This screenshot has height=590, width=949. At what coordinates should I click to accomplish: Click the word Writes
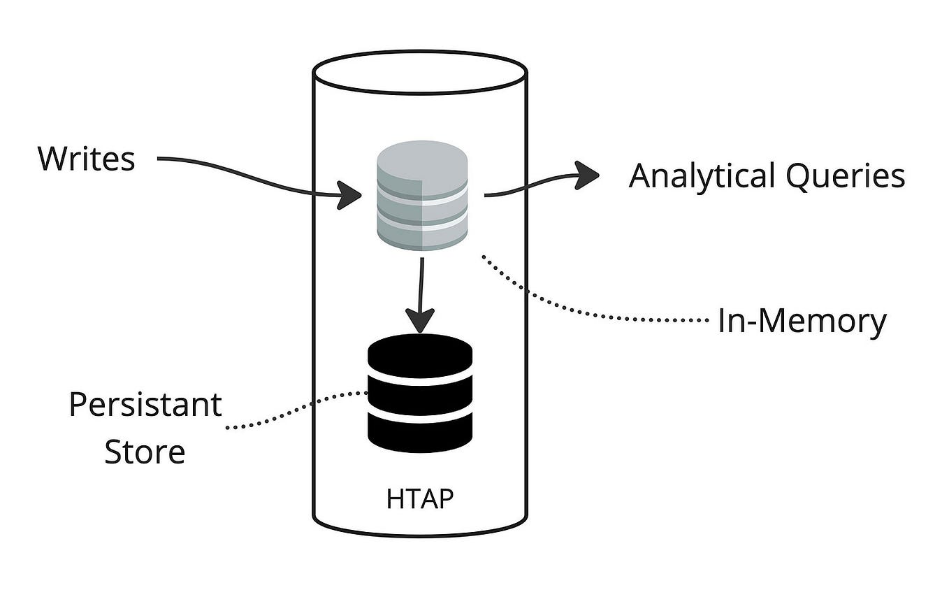[x=86, y=159]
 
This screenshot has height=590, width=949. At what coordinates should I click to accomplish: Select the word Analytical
[x=702, y=176]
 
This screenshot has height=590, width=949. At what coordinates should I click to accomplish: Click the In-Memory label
[x=802, y=322]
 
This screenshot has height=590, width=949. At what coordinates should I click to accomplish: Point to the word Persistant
[x=145, y=405]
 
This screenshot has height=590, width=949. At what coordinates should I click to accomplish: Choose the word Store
[x=145, y=452]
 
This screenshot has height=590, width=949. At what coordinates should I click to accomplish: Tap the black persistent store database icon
[x=420, y=394]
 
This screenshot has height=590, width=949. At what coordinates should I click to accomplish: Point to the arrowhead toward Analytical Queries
[x=587, y=175]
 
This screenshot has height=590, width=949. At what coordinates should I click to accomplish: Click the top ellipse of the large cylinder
[x=419, y=71]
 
